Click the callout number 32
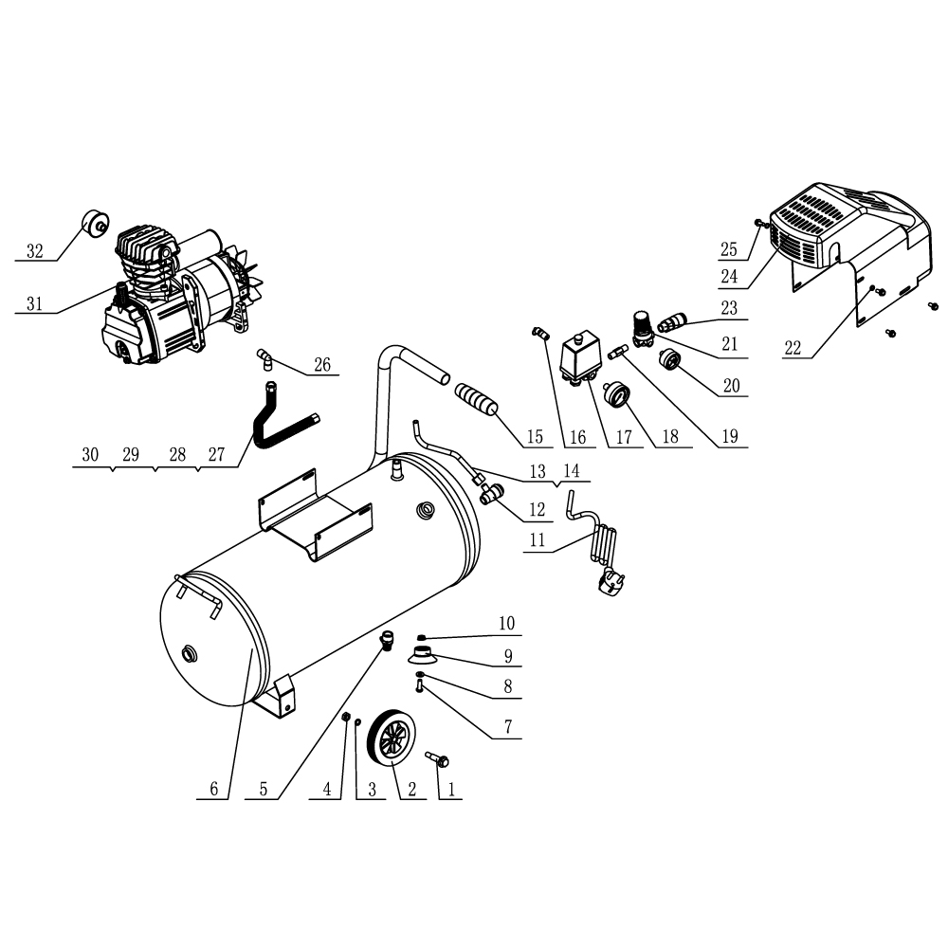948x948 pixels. tap(34, 251)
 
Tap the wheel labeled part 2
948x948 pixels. tap(396, 737)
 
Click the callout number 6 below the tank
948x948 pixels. tap(213, 789)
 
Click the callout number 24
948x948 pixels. tap(728, 278)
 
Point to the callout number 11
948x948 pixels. tap(538, 541)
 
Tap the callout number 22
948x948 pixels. tap(793, 348)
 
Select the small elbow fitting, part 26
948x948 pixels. tap(265, 358)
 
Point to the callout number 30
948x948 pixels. tap(90, 455)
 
